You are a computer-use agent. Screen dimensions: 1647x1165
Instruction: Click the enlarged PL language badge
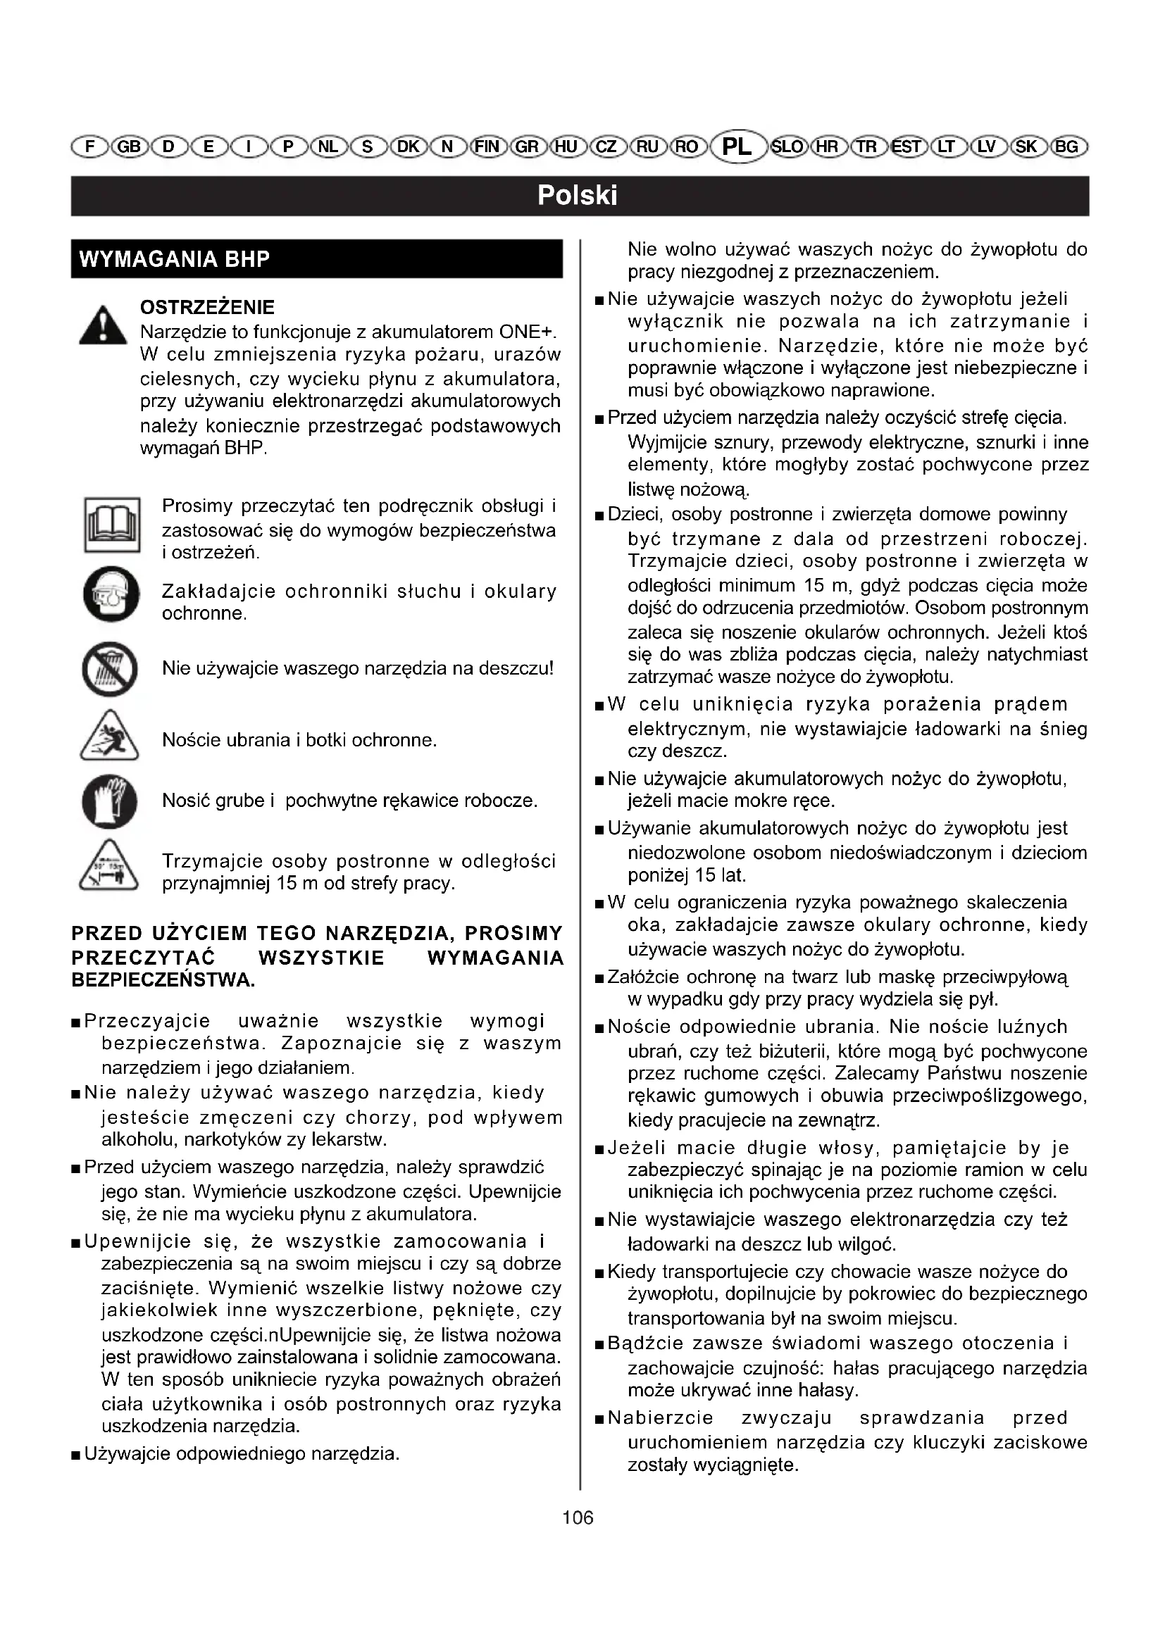(x=737, y=146)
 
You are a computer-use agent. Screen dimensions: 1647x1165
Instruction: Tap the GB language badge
(x=129, y=147)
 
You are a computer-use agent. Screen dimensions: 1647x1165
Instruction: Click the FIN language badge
(x=487, y=147)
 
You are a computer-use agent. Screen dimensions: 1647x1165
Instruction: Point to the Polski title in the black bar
(x=578, y=196)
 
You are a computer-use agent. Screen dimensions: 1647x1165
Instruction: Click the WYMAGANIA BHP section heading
(x=174, y=259)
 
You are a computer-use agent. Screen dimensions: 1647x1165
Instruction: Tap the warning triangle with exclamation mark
(x=104, y=327)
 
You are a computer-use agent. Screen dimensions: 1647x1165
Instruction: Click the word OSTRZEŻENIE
(x=207, y=308)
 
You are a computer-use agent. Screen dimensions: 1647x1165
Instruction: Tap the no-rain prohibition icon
(x=110, y=669)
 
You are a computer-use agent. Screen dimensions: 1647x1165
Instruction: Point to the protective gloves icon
(x=110, y=801)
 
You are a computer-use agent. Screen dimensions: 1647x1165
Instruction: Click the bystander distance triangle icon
(x=109, y=868)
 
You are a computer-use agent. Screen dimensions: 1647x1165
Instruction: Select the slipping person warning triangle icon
(x=109, y=737)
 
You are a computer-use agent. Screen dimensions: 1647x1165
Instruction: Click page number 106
(x=578, y=1518)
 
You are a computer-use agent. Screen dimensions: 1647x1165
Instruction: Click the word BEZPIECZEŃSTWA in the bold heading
(x=163, y=981)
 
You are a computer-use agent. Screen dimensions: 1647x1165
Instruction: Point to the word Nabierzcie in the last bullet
(x=660, y=1418)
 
